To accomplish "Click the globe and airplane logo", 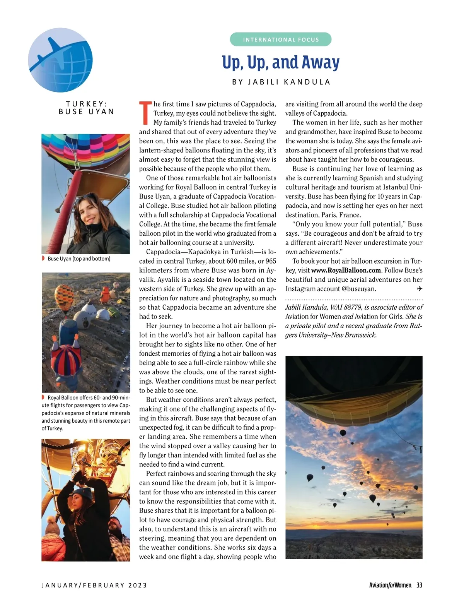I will click(x=60, y=60).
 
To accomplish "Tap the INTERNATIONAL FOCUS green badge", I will click(x=281, y=39).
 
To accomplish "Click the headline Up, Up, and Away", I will click(x=281, y=62).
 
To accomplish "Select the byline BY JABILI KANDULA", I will click(x=281, y=82).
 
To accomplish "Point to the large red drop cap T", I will click(x=145, y=113).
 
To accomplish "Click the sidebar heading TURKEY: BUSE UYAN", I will click(x=86, y=108).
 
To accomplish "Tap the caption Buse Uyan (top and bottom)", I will click(x=79, y=259).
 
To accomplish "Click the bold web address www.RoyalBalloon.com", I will click(x=346, y=270).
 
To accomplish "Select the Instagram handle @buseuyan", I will click(x=359, y=289).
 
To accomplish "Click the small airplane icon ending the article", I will click(x=420, y=289).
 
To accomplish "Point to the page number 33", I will click(x=419, y=585).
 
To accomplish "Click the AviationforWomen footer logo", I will click(x=390, y=585).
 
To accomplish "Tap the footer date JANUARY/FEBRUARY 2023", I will click(x=94, y=585).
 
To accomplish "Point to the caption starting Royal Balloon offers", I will click(x=86, y=413).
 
